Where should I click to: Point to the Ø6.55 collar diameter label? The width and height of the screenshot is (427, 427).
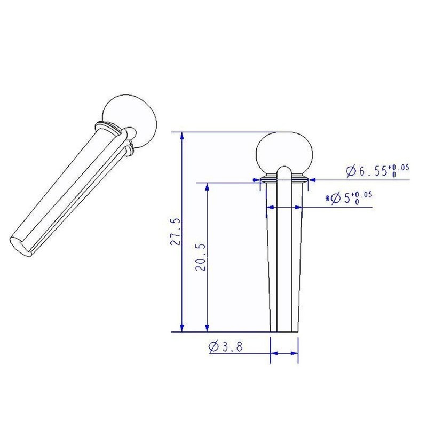click(377, 171)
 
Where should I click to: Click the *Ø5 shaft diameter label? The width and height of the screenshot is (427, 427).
click(349, 198)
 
